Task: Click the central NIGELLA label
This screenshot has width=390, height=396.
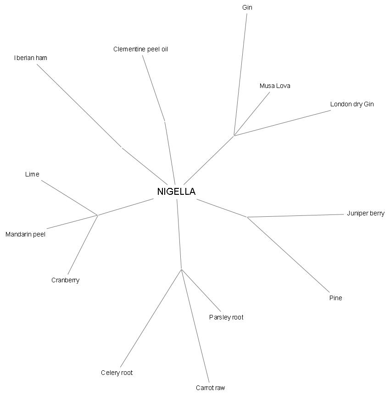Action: click(x=176, y=192)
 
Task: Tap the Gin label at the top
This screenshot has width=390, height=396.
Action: click(x=247, y=7)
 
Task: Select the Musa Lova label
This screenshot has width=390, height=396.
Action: click(x=275, y=86)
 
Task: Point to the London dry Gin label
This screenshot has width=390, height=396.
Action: click(x=352, y=104)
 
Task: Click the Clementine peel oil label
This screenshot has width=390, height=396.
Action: click(x=140, y=49)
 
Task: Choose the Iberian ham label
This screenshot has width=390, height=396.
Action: click(x=31, y=58)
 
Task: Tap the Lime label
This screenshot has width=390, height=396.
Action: click(x=32, y=174)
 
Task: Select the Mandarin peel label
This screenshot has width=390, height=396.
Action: click(x=25, y=234)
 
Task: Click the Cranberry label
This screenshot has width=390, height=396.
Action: click(x=65, y=280)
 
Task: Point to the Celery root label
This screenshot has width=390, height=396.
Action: click(x=117, y=373)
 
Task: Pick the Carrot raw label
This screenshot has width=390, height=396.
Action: click(x=210, y=388)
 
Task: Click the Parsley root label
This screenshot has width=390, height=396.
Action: click(x=226, y=317)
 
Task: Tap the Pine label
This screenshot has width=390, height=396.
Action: click(x=335, y=298)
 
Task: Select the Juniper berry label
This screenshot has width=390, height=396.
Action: click(x=366, y=213)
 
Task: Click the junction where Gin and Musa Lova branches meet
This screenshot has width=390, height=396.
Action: click(x=234, y=135)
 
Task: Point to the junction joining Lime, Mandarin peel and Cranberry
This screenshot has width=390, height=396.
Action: click(x=98, y=215)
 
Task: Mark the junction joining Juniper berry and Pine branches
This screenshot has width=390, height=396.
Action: click(x=248, y=217)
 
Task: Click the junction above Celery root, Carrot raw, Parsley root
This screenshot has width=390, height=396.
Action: click(x=182, y=269)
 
